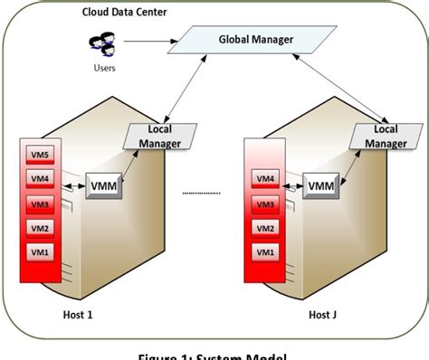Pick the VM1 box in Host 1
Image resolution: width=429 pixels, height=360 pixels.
click(x=39, y=251)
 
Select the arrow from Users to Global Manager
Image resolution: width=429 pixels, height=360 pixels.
click(x=149, y=41)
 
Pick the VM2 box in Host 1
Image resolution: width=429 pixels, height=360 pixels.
click(x=39, y=227)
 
